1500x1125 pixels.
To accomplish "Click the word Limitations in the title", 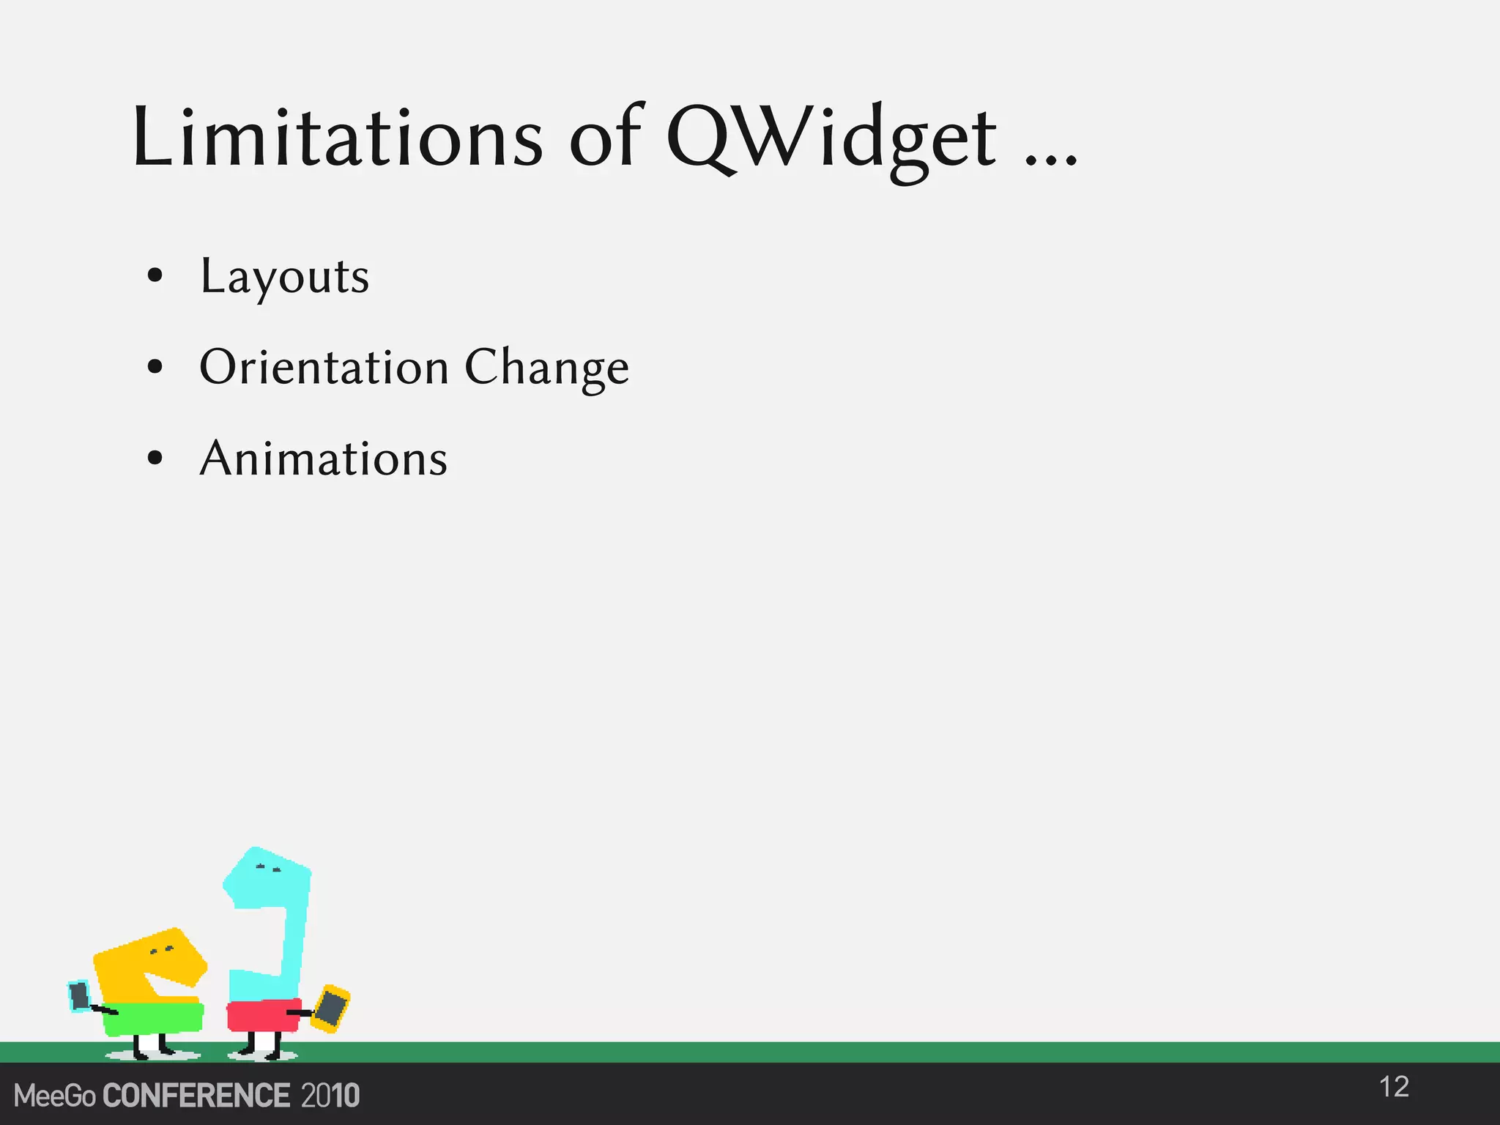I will (x=337, y=138).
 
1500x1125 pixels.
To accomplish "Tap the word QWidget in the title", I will (x=831, y=139).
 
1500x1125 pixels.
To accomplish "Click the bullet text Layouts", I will (x=285, y=277).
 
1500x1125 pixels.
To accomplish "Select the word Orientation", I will (x=324, y=367).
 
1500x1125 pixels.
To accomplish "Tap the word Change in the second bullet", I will (x=546, y=367).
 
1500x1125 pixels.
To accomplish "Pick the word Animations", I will (x=323, y=458).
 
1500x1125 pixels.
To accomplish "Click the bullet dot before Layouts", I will (x=155, y=276).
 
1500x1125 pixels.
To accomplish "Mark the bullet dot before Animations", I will (x=155, y=458).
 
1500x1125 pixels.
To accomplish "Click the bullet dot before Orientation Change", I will (x=155, y=366).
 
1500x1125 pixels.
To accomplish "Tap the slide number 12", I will (x=1394, y=1087).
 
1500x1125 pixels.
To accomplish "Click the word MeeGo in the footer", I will (x=54, y=1096).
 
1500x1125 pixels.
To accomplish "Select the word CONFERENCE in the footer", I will (x=196, y=1096).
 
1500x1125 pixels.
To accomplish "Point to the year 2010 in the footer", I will (x=330, y=1096).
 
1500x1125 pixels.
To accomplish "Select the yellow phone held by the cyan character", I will (x=332, y=1009).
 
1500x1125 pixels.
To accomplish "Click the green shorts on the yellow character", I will (x=153, y=1018).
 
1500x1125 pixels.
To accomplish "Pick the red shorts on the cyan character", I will (x=262, y=1015).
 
